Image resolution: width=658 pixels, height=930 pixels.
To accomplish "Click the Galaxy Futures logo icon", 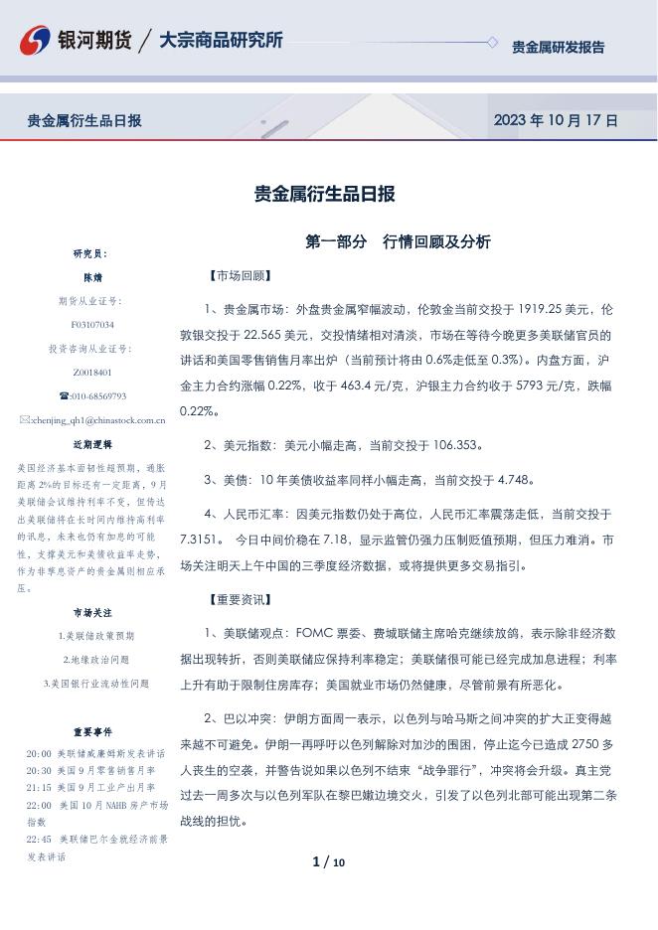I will coord(35,41).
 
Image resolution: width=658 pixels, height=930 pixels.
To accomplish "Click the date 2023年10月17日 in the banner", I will coord(556,121).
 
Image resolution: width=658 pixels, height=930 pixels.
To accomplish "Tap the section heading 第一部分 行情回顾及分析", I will coord(398,242).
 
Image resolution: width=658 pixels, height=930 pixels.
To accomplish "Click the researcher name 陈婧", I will coord(91,277).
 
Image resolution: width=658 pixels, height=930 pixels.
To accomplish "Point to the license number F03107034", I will coord(91,325).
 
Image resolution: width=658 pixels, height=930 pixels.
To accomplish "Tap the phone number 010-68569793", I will coord(96,396).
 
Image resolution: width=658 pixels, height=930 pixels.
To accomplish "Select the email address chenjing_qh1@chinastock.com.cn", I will coord(98,420).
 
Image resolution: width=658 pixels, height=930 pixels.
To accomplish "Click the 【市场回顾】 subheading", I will coord(239,276).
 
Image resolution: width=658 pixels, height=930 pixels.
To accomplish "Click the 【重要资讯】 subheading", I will coord(239,600).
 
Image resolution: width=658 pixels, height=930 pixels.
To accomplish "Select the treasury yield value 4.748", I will coord(486,480).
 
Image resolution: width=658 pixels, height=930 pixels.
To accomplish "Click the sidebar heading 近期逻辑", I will coord(91,444).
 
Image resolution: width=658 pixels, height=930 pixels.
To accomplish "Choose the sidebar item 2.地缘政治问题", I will coord(96,660).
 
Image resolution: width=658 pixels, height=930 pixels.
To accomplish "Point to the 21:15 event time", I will coord(39,786).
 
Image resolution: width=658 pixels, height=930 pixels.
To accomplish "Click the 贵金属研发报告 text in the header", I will coord(558,47).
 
